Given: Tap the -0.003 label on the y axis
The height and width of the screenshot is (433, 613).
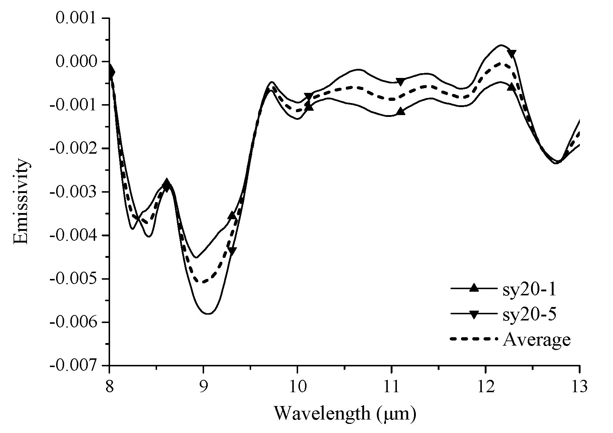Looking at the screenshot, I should (x=74, y=192).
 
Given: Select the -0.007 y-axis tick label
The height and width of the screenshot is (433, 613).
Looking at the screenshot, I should (x=74, y=366).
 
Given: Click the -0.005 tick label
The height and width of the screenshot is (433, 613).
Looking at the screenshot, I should (x=74, y=279).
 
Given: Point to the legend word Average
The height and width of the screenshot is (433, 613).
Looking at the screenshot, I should (x=536, y=340).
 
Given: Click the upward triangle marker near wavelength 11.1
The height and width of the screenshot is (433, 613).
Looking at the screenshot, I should (x=401, y=111).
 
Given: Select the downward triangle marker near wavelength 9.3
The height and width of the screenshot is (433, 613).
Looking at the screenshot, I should (x=232, y=251).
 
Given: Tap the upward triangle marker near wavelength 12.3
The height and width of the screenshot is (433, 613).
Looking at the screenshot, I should (x=511, y=87).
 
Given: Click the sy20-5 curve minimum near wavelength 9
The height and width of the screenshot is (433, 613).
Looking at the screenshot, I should (x=208, y=314).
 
